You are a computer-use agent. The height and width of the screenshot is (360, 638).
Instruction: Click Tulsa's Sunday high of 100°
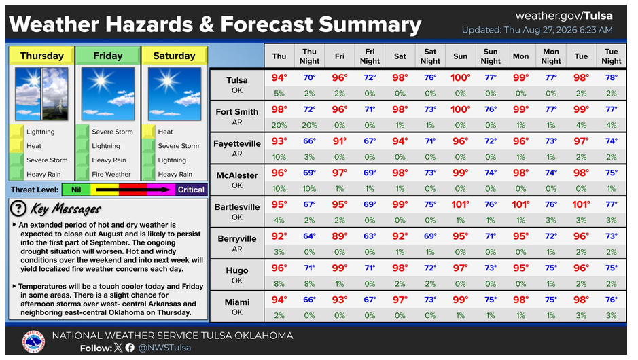click(x=460, y=77)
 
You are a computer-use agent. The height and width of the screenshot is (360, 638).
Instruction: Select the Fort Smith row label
click(x=237, y=116)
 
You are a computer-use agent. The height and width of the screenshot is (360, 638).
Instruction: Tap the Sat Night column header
click(x=430, y=56)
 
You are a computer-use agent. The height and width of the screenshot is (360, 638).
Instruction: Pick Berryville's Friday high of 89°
click(x=340, y=236)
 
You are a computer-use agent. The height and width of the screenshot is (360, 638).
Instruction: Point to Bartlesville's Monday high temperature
click(x=521, y=204)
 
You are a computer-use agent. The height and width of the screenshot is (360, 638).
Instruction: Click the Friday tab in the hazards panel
click(x=108, y=56)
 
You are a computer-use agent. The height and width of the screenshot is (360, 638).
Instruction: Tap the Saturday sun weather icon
click(x=174, y=94)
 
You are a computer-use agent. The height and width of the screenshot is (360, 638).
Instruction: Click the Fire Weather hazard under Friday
click(x=111, y=174)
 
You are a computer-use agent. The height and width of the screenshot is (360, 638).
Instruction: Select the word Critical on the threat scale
click(x=191, y=190)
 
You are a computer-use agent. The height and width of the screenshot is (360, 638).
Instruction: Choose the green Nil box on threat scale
click(x=76, y=190)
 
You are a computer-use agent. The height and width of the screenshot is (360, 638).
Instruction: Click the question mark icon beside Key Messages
click(x=18, y=209)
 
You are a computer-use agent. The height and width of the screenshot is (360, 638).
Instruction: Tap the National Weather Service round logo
click(x=34, y=342)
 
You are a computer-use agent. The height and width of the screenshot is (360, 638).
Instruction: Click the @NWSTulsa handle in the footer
click(x=164, y=348)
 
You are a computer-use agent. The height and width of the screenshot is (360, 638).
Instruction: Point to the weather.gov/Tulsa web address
click(x=564, y=16)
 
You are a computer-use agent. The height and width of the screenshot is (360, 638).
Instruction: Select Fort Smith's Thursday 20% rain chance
click(x=279, y=125)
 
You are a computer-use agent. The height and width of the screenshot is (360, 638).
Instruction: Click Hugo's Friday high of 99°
click(x=340, y=268)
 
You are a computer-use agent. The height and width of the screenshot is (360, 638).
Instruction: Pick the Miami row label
click(x=237, y=307)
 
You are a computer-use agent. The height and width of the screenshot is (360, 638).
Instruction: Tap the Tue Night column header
click(x=611, y=56)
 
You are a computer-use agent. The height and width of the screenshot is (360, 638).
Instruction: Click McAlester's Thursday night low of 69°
click(x=309, y=173)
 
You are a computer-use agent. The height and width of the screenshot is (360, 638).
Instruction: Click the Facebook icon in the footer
click(x=130, y=348)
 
